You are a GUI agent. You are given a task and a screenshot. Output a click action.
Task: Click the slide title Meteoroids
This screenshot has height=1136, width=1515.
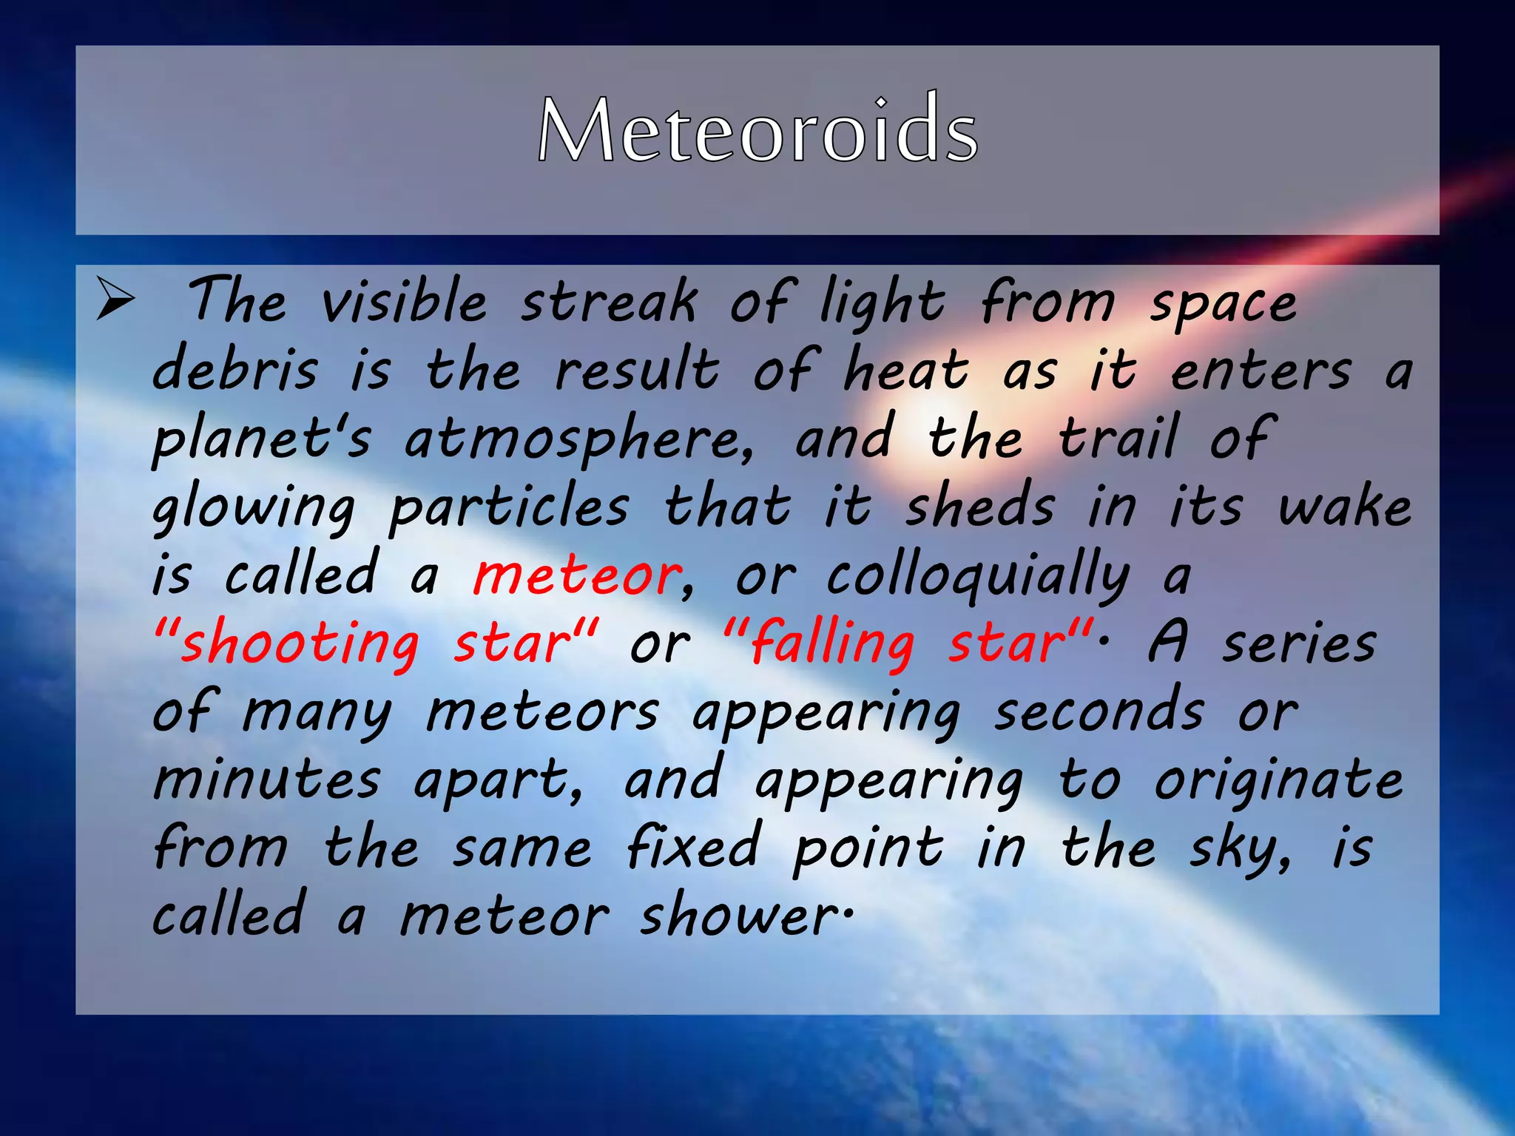pos(757,131)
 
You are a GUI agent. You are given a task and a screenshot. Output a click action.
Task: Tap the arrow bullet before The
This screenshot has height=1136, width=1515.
pos(115,301)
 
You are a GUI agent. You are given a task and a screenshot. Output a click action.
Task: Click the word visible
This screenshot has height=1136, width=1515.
pos(404,302)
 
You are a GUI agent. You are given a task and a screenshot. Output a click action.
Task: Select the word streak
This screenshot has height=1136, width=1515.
pos(608,302)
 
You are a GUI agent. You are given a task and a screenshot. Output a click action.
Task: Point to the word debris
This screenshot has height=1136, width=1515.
pos(235,369)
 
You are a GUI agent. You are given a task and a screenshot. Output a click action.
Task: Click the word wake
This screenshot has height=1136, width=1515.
pos(1345,507)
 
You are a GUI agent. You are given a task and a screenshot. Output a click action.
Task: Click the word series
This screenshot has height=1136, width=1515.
pos(1298,643)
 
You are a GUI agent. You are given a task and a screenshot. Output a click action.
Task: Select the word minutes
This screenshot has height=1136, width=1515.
pos(266,780)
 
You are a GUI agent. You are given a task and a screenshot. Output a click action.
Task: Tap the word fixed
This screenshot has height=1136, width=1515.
pos(692,848)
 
